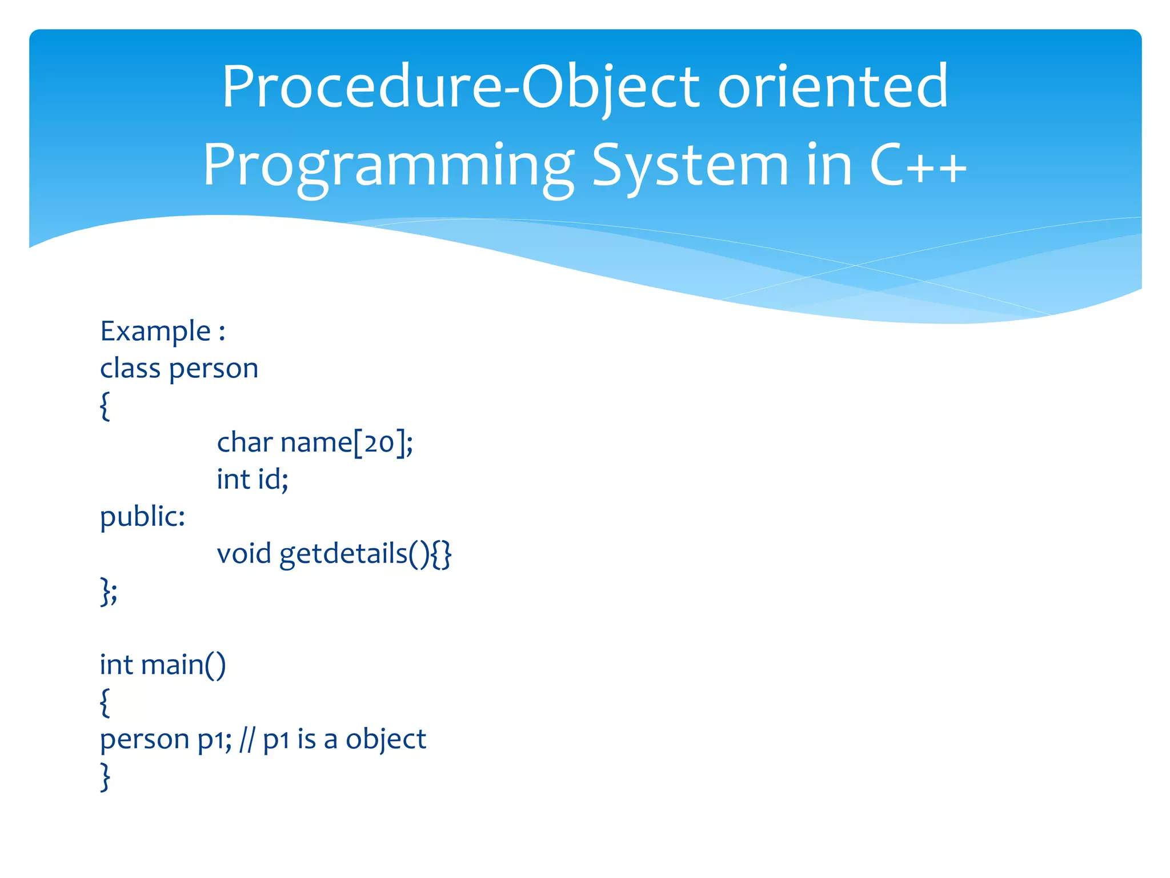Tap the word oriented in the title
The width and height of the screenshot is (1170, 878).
pos(832,87)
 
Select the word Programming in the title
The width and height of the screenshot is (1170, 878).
pos(388,166)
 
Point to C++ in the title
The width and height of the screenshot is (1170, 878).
pos(917,166)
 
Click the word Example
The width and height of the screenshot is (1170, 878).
pos(155,332)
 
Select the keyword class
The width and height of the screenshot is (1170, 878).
pos(130,368)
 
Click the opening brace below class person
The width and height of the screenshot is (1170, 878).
pos(105,406)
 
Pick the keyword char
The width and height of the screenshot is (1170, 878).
pos(245,442)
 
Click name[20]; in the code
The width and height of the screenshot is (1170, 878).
pos(347,442)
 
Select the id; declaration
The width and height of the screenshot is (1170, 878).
pos(273,479)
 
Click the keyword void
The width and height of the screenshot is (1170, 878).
pos(244,553)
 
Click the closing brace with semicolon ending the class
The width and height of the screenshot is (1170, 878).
pos(109,591)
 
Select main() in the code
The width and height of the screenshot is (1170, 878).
pos(183,665)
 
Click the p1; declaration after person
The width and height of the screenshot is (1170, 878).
pos(215,740)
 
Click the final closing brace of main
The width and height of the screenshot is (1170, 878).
pos(105,776)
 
